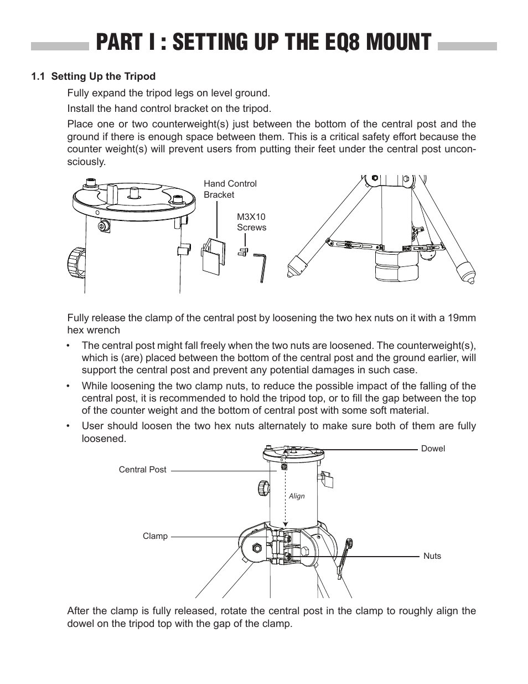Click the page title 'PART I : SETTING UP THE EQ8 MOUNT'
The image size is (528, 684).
263,43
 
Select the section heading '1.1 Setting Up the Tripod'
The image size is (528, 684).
94,76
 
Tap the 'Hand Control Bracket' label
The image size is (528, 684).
230,189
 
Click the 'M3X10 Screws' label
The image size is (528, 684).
251,222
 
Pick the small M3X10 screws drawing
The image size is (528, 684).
243,251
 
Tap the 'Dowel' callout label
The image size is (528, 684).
433,449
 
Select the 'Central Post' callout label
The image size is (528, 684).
142,470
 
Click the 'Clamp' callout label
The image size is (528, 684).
155,536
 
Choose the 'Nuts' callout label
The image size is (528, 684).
432,556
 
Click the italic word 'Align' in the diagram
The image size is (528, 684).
297,496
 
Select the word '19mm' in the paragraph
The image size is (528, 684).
464,318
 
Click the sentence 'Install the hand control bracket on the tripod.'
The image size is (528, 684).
169,108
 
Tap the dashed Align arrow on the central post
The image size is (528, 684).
284,496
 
